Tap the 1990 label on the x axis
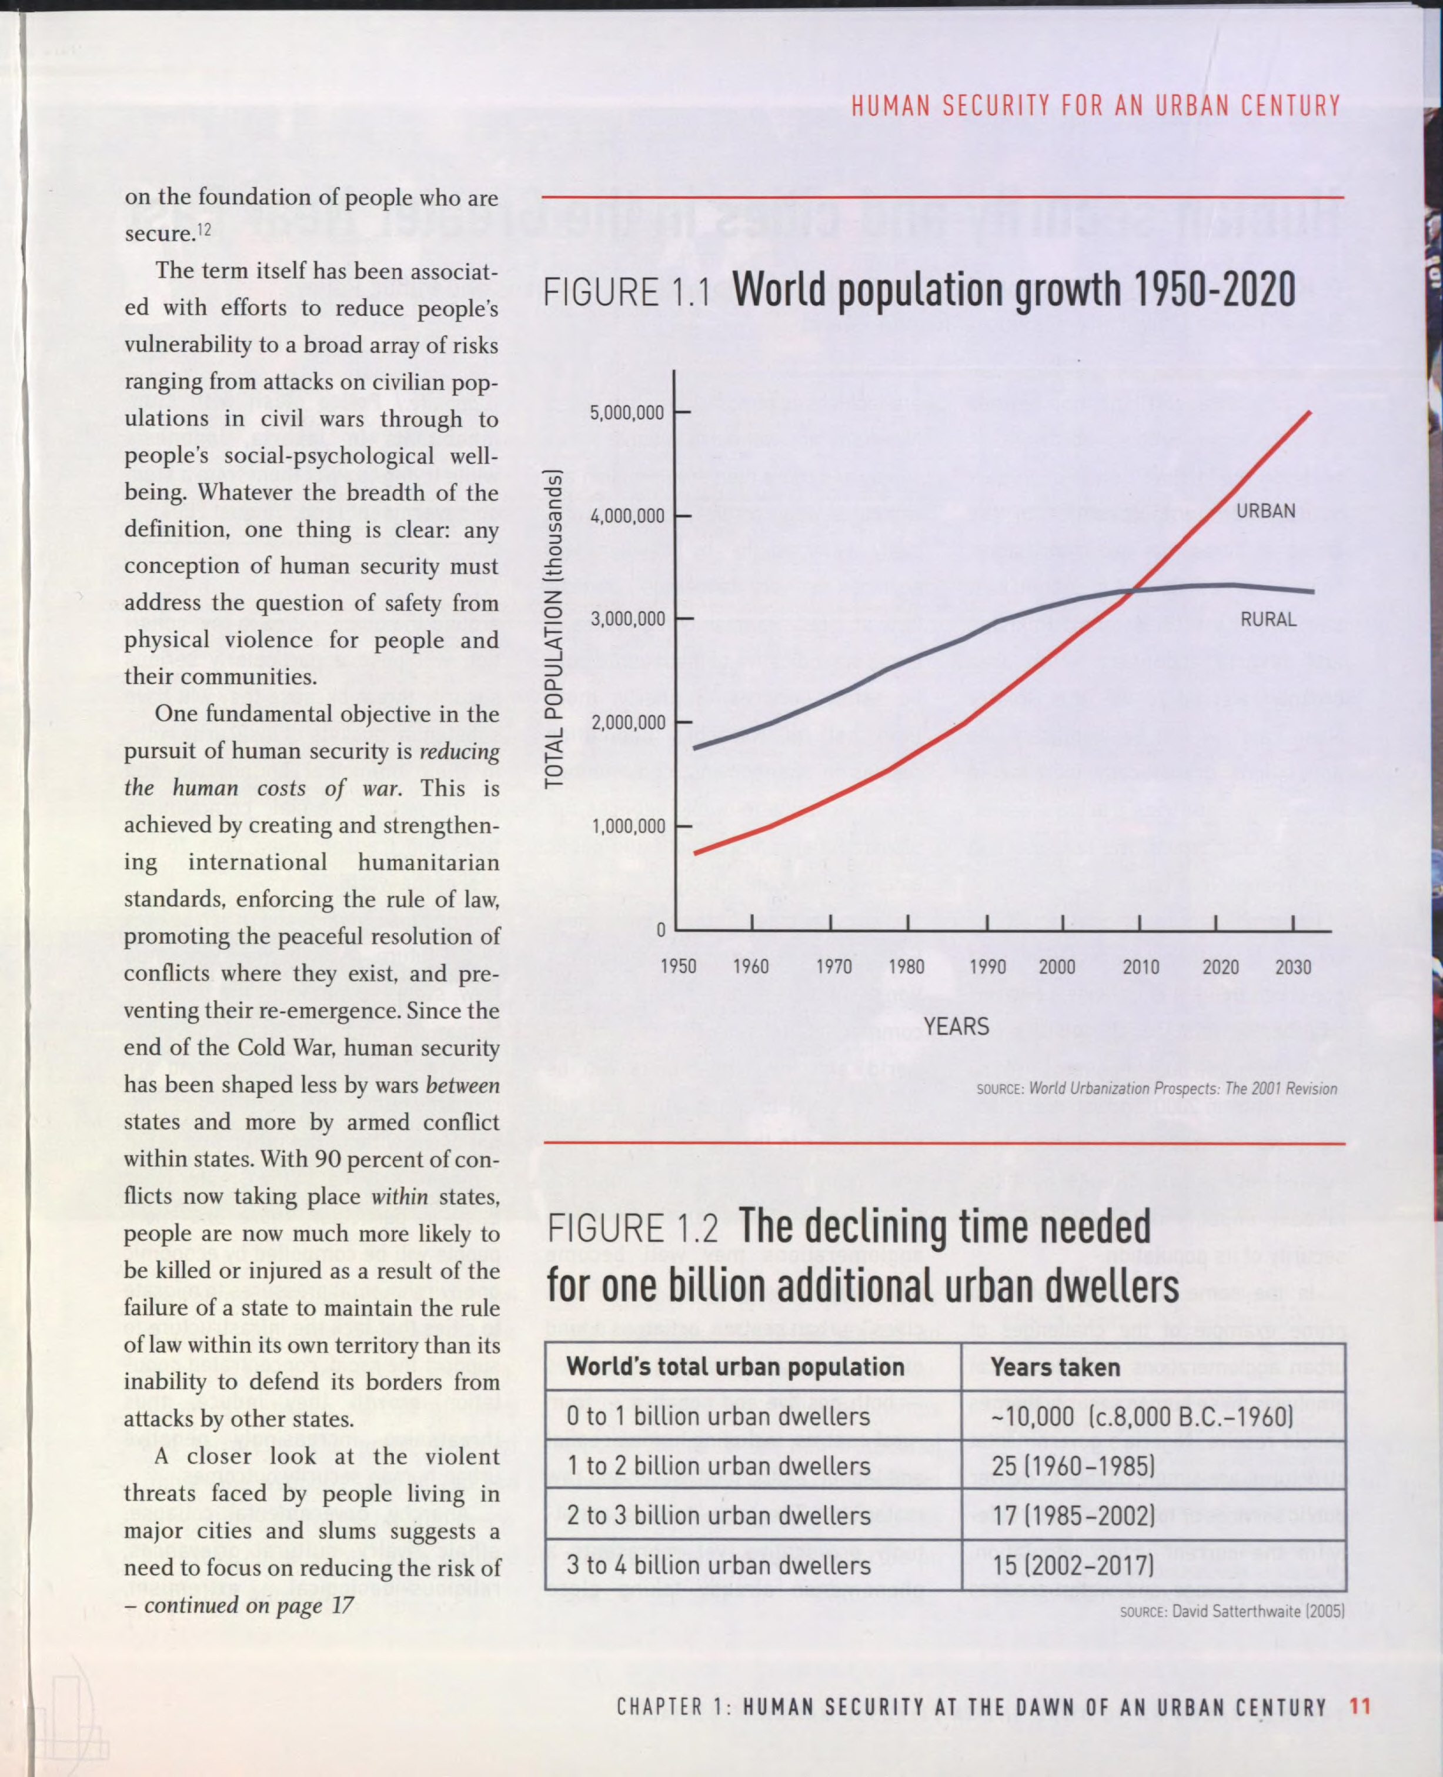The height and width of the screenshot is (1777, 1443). pyautogui.click(x=987, y=967)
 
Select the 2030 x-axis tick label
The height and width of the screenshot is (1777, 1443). pyautogui.click(x=1294, y=967)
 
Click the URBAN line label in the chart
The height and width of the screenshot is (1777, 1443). pyautogui.click(x=1265, y=511)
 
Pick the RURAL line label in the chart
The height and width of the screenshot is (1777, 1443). pyautogui.click(x=1268, y=619)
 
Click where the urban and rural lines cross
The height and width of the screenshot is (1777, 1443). pyautogui.click(x=1135, y=591)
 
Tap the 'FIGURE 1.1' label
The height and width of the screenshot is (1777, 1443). pyautogui.click(x=627, y=294)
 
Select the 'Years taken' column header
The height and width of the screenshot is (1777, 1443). pyautogui.click(x=1055, y=1367)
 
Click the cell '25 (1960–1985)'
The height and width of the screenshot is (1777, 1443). pyautogui.click(x=1073, y=1466)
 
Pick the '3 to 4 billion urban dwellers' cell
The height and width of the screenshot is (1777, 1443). pyautogui.click(x=718, y=1565)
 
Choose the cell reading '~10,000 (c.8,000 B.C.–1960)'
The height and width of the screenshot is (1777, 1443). pyautogui.click(x=1142, y=1416)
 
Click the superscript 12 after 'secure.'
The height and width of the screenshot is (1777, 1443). pyautogui.click(x=203, y=228)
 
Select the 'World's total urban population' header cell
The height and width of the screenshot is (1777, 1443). pyautogui.click(x=735, y=1367)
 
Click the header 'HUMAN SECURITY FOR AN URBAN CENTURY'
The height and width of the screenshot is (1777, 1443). pyautogui.click(x=1095, y=106)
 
